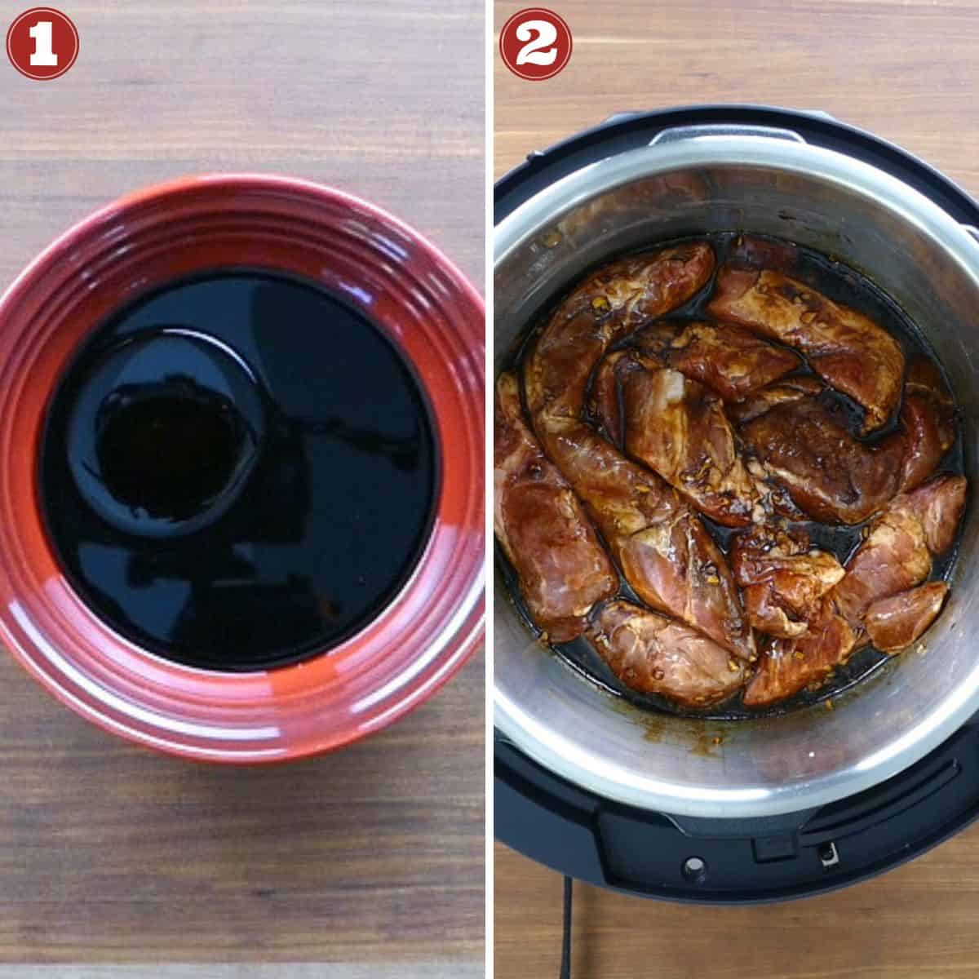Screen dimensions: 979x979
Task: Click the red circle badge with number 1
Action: (42, 42)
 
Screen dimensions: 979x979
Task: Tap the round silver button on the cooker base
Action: (693, 864)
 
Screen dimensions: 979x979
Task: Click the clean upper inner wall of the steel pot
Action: (734, 196)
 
